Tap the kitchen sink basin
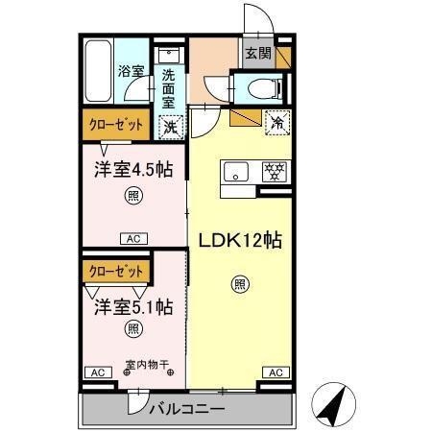pyautogui.click(x=235, y=173)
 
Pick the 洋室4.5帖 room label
pyautogui.click(x=132, y=171)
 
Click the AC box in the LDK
pyautogui.click(x=275, y=372)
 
